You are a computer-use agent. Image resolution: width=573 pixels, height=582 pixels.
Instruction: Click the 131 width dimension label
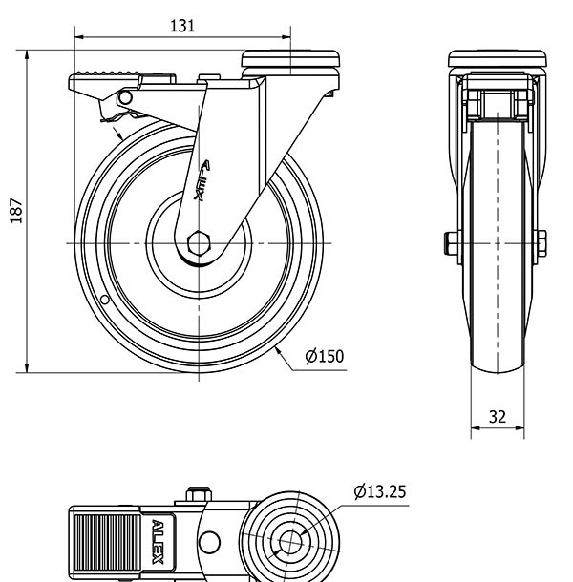182,26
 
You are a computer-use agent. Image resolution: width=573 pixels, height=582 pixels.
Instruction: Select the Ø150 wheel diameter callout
324,357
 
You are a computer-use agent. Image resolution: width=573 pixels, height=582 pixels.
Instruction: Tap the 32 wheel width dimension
498,416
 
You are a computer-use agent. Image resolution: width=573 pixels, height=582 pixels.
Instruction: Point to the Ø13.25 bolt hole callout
379,492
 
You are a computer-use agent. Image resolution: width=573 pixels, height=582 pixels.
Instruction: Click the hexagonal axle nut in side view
200,242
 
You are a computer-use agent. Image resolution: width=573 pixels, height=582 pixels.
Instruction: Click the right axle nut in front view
541,242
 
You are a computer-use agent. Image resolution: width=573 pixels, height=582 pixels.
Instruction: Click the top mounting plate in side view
290,59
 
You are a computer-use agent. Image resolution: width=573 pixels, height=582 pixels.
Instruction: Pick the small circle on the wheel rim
104,301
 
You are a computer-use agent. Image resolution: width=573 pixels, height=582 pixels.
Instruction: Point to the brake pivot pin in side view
124,97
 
